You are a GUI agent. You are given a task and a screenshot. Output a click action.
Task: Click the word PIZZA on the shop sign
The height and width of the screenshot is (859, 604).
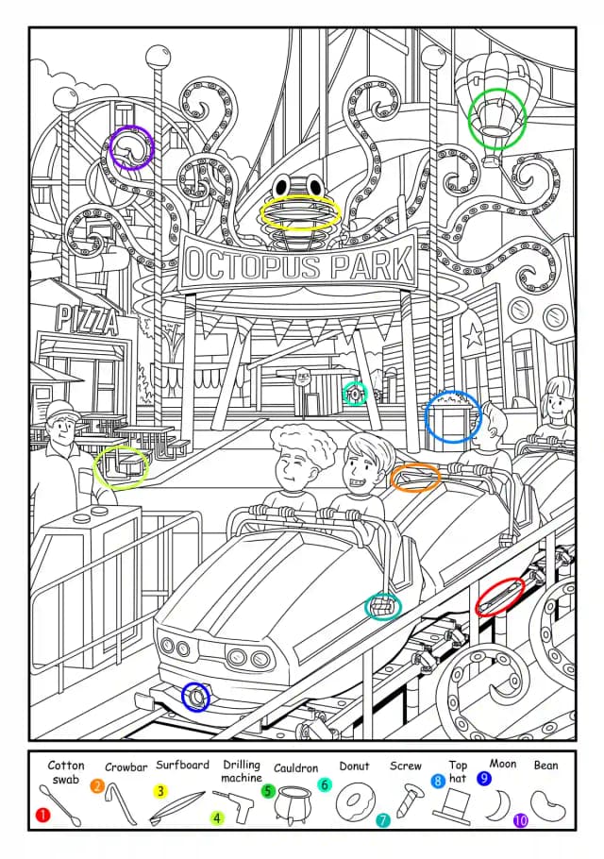(87, 319)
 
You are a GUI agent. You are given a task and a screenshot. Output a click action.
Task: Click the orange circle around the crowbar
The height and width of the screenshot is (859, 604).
(416, 477)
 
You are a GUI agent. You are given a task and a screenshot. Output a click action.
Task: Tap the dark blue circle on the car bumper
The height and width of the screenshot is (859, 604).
(195, 697)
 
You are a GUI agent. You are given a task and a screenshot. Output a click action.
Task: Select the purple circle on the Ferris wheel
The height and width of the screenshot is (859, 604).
(131, 149)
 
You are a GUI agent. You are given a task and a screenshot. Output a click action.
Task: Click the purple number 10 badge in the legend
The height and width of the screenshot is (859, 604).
(521, 820)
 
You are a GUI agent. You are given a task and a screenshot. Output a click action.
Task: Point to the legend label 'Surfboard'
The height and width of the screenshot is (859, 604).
(182, 766)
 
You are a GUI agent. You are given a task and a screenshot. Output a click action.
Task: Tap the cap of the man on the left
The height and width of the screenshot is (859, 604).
(59, 409)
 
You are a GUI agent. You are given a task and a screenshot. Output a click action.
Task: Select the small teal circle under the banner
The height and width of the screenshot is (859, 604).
(355, 393)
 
